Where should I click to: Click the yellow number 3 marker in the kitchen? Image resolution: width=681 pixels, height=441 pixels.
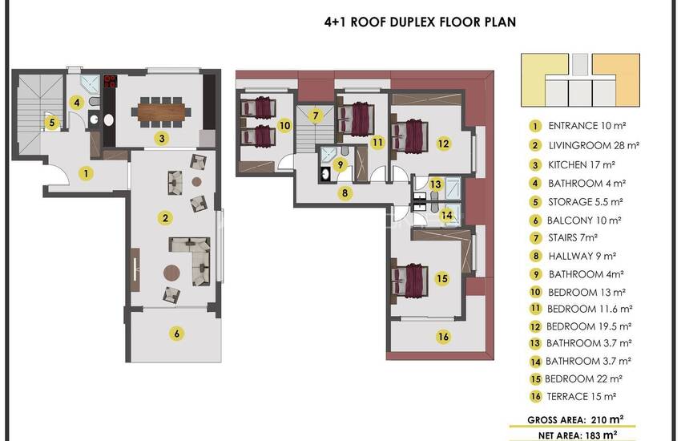tap(162, 139)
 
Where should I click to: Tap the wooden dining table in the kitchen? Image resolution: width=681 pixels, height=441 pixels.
tap(161, 111)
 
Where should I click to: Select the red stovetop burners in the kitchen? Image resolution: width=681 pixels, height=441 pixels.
tap(110, 81)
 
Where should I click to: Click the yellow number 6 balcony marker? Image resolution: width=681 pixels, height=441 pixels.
tap(176, 334)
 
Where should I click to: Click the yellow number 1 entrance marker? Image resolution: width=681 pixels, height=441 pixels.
tap(86, 174)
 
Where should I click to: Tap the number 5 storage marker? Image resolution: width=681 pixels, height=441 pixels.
tap(52, 123)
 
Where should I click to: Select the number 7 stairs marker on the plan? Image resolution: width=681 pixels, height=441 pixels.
tap(316, 116)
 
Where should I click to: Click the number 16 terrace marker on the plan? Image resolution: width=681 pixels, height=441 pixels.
tap(443, 337)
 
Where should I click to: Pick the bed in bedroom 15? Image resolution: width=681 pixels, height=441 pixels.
tap(409, 281)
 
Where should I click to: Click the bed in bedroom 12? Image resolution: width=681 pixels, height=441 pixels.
tap(409, 136)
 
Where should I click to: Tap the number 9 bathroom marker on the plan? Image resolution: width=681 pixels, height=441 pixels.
tap(340, 165)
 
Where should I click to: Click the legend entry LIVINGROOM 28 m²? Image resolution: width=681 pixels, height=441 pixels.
tap(593, 146)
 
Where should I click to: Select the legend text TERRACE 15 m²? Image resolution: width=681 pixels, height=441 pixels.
tap(581, 397)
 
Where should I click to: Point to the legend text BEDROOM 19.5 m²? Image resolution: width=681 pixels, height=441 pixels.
tap(589, 326)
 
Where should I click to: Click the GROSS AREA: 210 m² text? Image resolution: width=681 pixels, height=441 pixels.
tap(575, 419)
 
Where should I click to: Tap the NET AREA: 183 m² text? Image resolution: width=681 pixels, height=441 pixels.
tap(578, 435)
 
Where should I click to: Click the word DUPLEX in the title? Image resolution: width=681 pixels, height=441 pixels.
tap(414, 22)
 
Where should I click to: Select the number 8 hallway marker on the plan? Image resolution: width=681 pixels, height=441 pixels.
tap(345, 193)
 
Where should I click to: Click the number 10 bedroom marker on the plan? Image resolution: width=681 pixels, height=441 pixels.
tap(284, 126)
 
